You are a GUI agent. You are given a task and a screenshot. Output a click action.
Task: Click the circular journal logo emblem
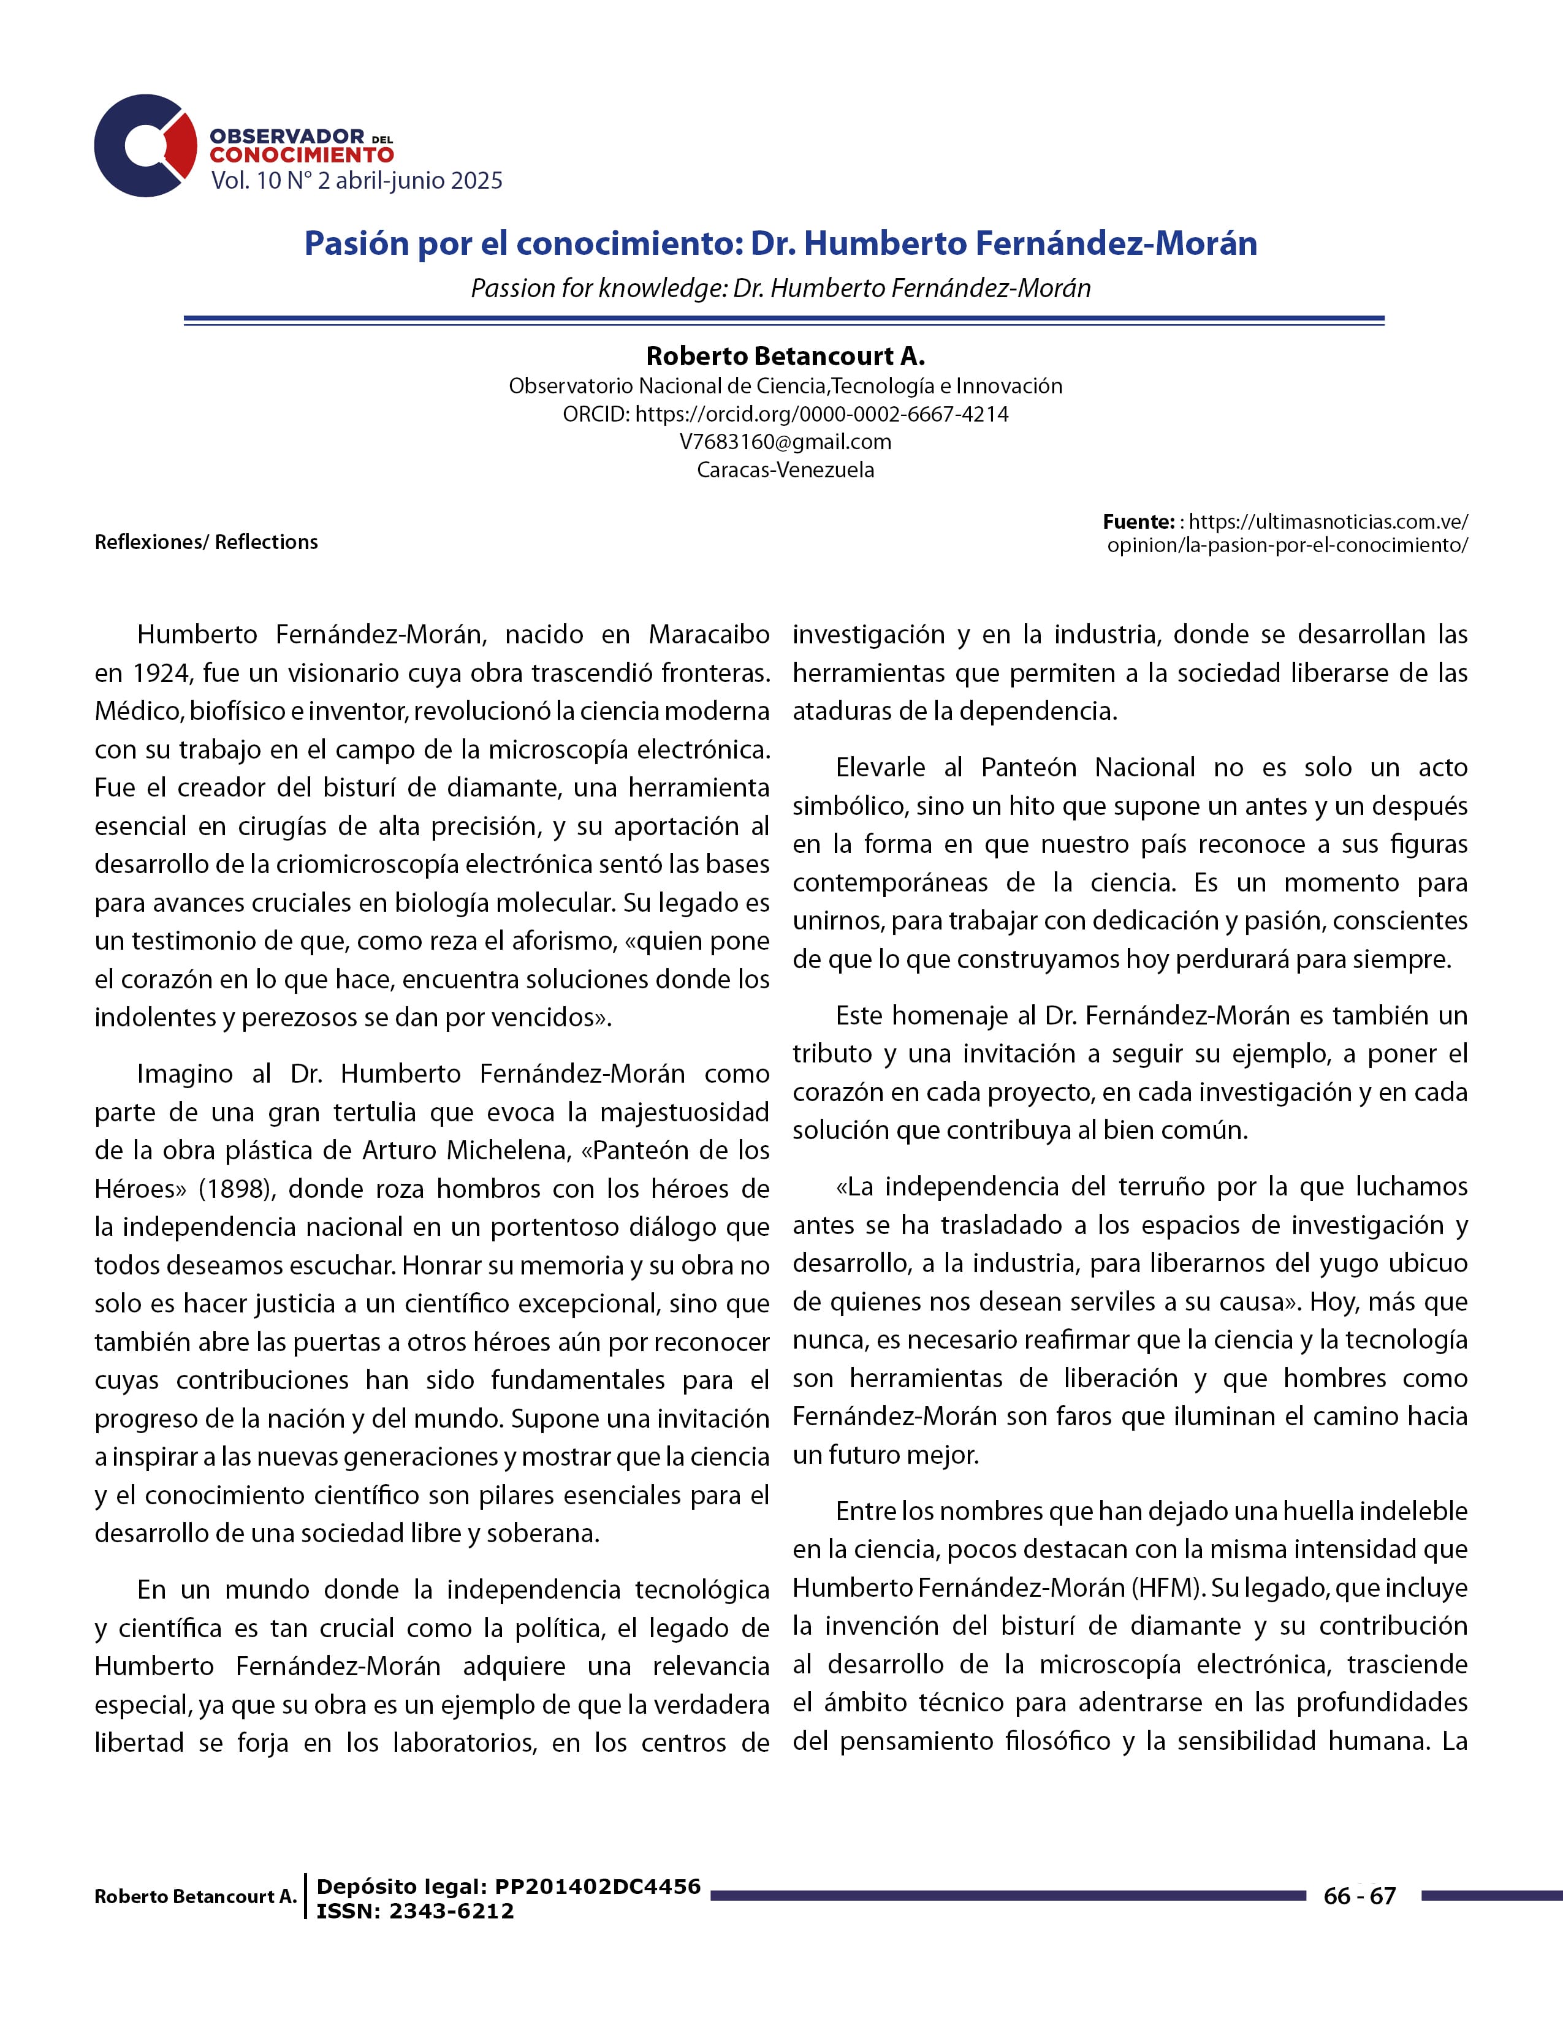pyautogui.click(x=143, y=145)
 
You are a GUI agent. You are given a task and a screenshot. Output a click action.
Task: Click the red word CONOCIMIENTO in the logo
pyautogui.click(x=301, y=156)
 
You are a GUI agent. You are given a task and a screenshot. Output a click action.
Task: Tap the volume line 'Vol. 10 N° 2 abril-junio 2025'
pyautogui.click(x=357, y=181)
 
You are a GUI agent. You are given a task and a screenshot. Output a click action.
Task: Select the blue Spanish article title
pyautogui.click(x=780, y=243)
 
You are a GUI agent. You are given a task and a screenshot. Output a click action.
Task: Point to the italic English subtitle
pyautogui.click(x=780, y=288)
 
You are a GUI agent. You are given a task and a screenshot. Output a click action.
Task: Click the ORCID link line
pyautogui.click(x=785, y=414)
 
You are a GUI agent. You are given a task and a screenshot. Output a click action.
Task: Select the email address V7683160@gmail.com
pyautogui.click(x=785, y=442)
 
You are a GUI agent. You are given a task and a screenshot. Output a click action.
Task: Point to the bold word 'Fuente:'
pyautogui.click(x=1138, y=521)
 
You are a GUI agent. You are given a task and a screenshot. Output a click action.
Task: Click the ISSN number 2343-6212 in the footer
pyautogui.click(x=452, y=1912)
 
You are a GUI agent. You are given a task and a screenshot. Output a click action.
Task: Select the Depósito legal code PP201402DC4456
pyautogui.click(x=597, y=1887)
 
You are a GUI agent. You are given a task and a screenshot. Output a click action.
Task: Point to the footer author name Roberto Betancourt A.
pyautogui.click(x=196, y=1896)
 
